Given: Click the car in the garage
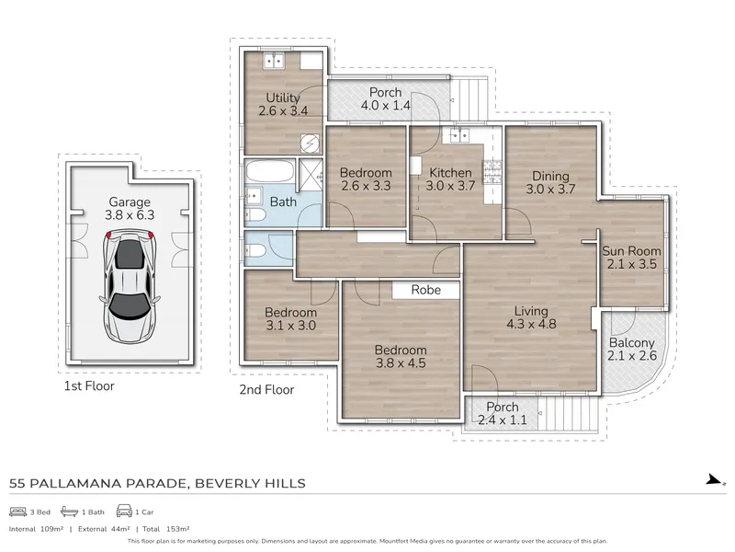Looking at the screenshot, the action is click(130, 286).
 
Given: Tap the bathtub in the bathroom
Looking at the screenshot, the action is click(270, 171).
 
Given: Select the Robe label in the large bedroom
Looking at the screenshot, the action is click(426, 290).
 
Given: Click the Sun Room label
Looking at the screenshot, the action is click(631, 251).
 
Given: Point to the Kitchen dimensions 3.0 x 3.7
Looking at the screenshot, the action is click(450, 186).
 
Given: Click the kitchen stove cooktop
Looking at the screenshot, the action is click(492, 172).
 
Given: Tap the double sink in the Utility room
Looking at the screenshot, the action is click(274, 61).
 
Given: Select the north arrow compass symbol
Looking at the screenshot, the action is click(716, 479).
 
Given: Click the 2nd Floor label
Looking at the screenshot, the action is click(266, 389).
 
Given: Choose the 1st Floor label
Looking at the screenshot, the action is click(89, 385).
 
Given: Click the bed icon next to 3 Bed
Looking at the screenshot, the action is click(17, 512).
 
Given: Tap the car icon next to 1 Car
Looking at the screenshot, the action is click(124, 511).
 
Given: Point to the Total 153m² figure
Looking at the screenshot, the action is click(165, 529).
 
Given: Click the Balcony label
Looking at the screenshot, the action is click(631, 342).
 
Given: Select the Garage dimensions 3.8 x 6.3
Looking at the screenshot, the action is click(130, 215).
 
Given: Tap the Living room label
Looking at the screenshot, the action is click(531, 311).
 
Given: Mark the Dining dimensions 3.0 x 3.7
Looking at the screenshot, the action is click(550, 190).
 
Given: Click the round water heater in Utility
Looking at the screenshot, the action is click(310, 144).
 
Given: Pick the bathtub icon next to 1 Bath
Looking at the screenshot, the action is click(70, 512).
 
